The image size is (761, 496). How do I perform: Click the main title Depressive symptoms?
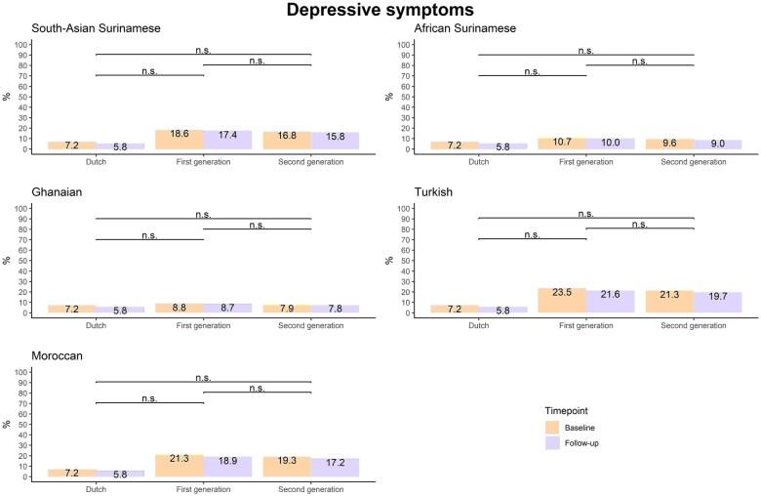coord(380,11)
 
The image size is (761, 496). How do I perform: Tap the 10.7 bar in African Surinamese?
coord(562,144)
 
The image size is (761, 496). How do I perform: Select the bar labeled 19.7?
coord(717,303)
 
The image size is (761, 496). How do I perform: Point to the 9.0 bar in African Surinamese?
coord(717,145)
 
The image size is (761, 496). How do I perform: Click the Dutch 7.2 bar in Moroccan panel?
coord(71,473)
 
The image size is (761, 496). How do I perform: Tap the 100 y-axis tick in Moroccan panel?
coord(23,372)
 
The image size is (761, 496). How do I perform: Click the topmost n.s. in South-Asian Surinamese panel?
coord(203,49)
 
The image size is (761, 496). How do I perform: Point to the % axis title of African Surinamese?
coord(391,96)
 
